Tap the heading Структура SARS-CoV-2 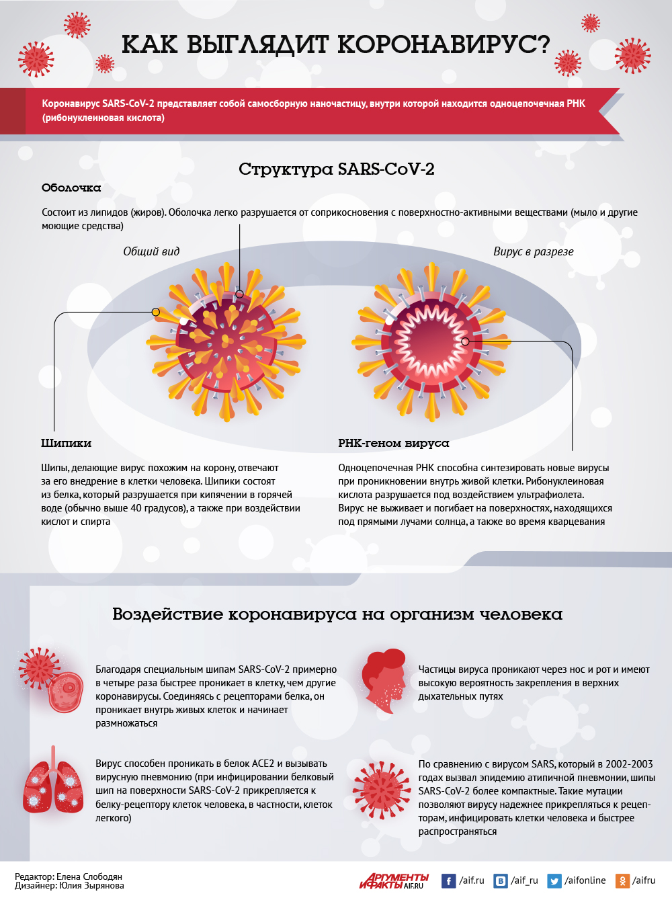336,169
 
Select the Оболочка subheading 71,188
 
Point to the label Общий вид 151,251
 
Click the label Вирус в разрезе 533,251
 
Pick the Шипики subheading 66,443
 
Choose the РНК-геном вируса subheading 393,443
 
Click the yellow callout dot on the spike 156,312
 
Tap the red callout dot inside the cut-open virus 465,341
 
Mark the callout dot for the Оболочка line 239,294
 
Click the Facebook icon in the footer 448,880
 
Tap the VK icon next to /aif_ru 501,880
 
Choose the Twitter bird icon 554,880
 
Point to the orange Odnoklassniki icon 622,880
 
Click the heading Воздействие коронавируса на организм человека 337,614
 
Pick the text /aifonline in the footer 585,880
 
